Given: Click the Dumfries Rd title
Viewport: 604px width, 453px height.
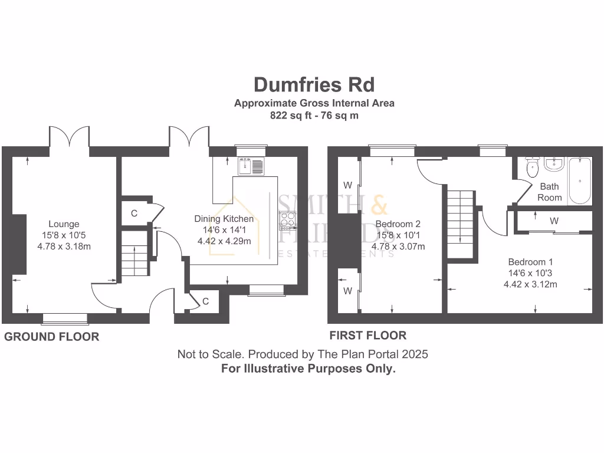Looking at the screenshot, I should point(314,85).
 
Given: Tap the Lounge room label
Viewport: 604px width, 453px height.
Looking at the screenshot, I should point(64,224).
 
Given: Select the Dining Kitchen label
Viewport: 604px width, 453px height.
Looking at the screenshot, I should point(224,219).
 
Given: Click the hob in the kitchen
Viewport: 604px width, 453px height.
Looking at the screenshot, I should point(287,220).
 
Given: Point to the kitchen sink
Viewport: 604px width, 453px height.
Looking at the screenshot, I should point(252,166).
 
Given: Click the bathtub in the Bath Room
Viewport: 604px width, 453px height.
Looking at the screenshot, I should point(580,180).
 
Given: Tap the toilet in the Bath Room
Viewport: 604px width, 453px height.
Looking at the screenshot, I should point(532,168).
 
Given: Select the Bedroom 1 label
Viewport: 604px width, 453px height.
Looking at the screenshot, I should point(530,262).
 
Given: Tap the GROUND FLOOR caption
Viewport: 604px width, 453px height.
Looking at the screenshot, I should point(52,337).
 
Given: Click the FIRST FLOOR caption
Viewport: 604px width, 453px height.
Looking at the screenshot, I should point(367,336).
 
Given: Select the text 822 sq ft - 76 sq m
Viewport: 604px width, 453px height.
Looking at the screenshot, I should point(314,116).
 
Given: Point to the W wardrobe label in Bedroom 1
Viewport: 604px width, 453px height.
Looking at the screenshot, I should point(553,221).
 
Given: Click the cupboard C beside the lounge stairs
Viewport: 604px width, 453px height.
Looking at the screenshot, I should point(134,214).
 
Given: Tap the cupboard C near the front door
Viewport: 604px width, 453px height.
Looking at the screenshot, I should point(205,301).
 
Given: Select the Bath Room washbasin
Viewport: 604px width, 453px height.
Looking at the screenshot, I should point(554,164).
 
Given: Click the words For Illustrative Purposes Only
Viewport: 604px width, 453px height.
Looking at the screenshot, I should point(308,369).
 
